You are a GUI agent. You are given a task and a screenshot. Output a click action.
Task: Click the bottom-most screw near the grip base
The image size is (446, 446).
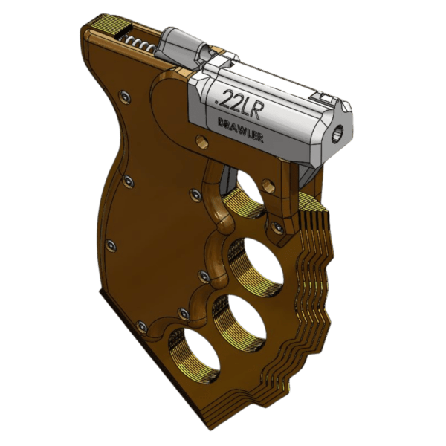coord(141,326)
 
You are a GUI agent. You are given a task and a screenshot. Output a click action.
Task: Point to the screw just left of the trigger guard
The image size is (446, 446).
coord(195,194)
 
